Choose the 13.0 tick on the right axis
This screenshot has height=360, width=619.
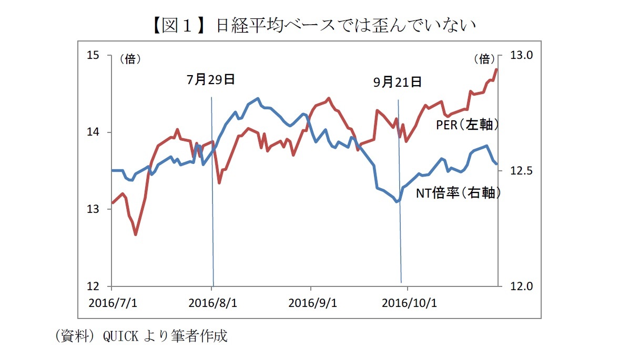(522, 56)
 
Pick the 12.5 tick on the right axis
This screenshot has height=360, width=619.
(522, 171)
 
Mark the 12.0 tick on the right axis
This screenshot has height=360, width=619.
(522, 286)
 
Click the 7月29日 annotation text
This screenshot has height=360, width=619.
(210, 80)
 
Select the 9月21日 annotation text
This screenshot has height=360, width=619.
(398, 82)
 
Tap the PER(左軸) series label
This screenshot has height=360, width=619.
(467, 125)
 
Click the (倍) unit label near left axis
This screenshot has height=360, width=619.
(130, 59)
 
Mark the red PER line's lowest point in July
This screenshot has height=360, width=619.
(136, 234)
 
